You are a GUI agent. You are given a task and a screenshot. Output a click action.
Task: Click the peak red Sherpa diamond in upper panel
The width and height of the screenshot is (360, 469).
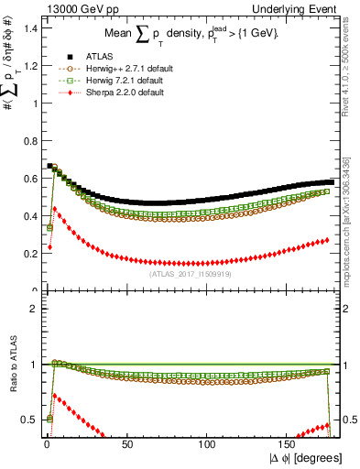click(x=54, y=209)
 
